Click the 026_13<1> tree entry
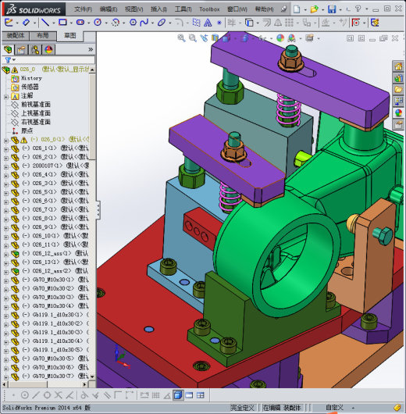tap(42, 262)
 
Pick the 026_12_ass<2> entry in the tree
tap(45, 271)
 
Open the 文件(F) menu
tap(83, 9)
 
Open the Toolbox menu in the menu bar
tap(209, 9)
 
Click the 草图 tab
tap(70, 36)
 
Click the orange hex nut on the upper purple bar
tap(290, 55)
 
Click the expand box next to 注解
tap(6, 95)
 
